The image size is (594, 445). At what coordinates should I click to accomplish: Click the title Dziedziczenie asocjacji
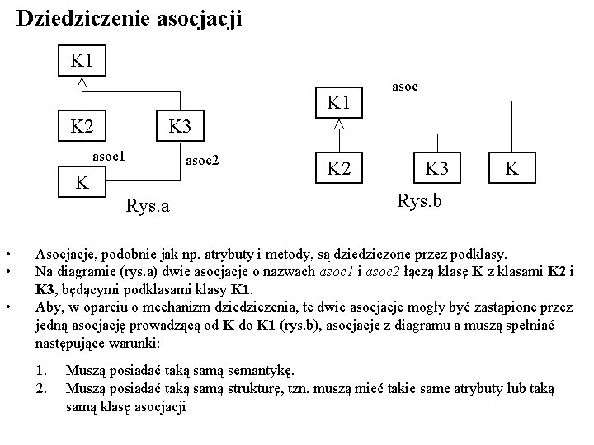130,19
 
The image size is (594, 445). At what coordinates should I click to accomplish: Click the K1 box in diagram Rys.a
82,61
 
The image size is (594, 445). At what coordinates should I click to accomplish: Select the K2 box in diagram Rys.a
82,127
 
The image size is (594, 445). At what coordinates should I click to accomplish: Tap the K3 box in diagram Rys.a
180,127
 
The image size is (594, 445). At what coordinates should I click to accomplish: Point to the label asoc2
203,158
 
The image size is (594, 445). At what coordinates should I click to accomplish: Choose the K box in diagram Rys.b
512,169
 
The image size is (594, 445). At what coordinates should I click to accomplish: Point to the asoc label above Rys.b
403,84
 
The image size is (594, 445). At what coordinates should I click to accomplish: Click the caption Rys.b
420,199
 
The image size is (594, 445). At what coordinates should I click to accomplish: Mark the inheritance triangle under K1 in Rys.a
82,82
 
